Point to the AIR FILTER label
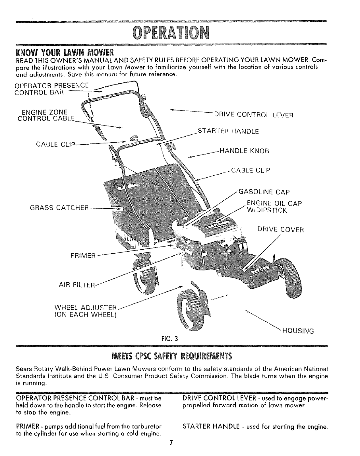78,285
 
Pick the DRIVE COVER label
280,229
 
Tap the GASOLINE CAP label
264,192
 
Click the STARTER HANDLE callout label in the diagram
228,131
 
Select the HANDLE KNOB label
243,151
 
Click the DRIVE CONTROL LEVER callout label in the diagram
253,115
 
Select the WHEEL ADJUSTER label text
85,308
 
